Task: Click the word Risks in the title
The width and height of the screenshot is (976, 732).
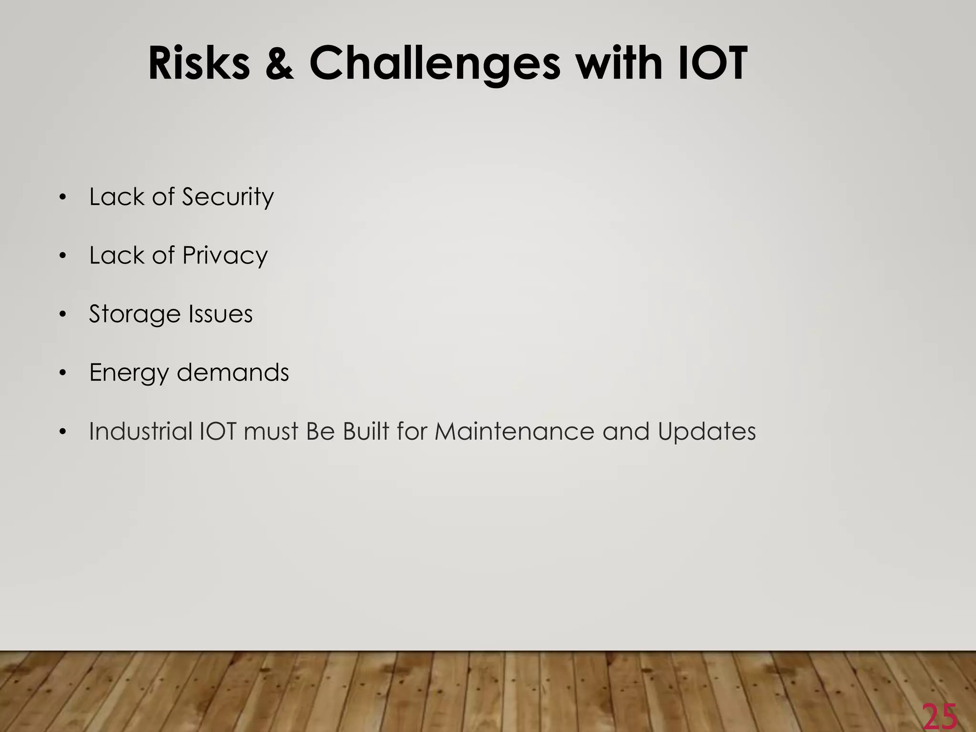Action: coord(199,63)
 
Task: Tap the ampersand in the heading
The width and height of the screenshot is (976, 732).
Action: coord(279,63)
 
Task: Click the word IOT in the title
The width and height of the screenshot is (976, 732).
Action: coord(711,63)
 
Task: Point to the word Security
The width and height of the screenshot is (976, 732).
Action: coord(228,197)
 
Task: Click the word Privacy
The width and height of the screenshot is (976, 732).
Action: coord(225,256)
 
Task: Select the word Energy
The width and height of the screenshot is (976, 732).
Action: coord(129,373)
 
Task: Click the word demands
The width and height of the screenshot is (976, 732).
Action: coord(233,372)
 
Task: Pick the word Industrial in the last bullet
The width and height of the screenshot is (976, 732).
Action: coord(140,431)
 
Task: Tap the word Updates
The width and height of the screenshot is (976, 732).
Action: coord(707,432)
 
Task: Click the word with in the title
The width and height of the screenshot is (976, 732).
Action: coord(620,63)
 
